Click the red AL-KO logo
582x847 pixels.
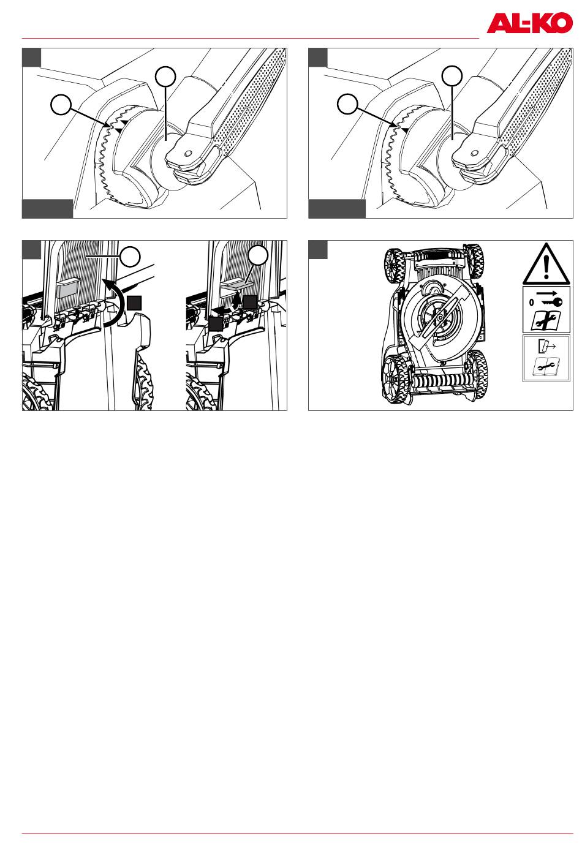[529, 23]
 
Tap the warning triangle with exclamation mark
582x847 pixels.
[546, 263]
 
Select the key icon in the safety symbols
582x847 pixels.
[552, 302]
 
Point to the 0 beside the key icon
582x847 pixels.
[531, 302]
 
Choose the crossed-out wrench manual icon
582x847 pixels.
[546, 321]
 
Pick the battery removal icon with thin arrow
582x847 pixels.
[546, 346]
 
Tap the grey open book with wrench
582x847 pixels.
[546, 366]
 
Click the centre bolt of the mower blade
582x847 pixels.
[440, 317]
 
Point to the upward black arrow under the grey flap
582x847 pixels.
[236, 303]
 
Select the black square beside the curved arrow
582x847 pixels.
[134, 303]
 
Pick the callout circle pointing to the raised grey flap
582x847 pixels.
[258, 255]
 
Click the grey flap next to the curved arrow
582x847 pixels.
[68, 289]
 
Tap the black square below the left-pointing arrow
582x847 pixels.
[216, 324]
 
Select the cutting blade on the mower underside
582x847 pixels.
[440, 317]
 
